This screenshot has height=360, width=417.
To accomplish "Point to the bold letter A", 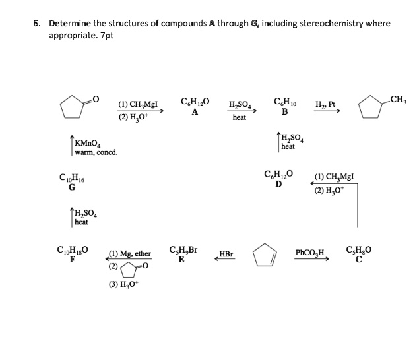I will click(x=195, y=111).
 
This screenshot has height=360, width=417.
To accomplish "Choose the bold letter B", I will click(x=285, y=111).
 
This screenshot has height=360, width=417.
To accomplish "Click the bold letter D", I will click(x=278, y=183).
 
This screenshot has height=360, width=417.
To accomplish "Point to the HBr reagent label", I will click(x=225, y=253).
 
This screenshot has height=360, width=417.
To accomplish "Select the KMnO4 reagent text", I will click(x=87, y=142).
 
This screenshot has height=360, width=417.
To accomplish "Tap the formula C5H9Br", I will click(x=184, y=249).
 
